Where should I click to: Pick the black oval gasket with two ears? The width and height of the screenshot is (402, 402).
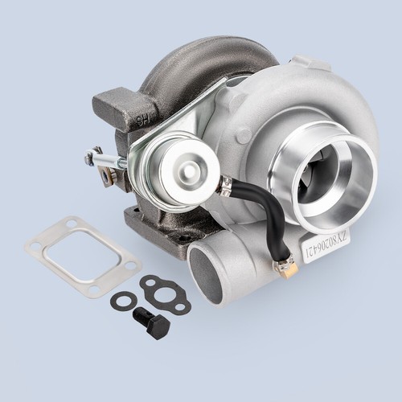(x=164, y=293)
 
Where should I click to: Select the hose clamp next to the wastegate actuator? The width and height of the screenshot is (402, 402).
(x=227, y=187)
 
